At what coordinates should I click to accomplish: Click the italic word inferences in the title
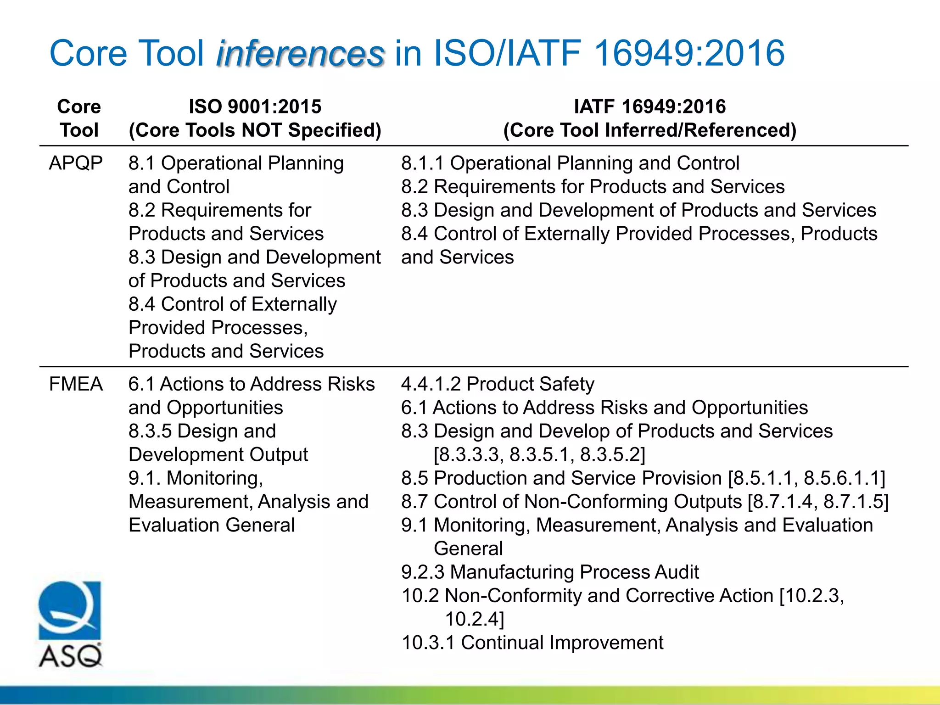coord(300,54)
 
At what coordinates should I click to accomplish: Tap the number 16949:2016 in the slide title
coord(689,54)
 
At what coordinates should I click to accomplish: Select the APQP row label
coord(76,163)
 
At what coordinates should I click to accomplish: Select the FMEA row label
coord(76,384)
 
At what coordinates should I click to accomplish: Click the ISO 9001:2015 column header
coord(255,107)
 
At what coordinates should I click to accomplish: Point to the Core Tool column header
coord(79,118)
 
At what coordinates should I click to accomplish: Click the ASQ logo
coord(70,624)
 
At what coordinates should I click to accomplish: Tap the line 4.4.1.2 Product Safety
coord(498,384)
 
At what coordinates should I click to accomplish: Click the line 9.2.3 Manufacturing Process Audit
coord(550,572)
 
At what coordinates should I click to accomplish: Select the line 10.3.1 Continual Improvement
coord(532,643)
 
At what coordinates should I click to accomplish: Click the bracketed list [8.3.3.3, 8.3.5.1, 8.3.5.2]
coord(540,455)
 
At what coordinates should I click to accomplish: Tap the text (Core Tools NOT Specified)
coord(255,130)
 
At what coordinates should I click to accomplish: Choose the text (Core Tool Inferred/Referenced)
coord(650,130)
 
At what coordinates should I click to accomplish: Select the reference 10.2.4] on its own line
coord(475,619)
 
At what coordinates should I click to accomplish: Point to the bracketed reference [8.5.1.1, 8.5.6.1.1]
coord(806,478)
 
